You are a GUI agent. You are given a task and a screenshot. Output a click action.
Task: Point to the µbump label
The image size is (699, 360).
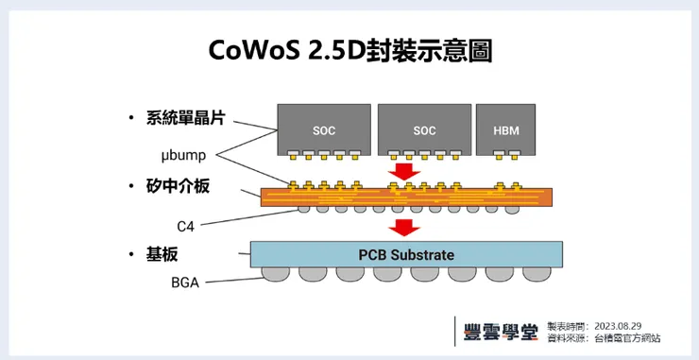[x=185, y=153]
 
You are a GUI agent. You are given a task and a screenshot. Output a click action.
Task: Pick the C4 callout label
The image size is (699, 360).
[x=188, y=226]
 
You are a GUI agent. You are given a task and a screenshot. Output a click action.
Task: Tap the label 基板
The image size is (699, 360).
[x=162, y=255]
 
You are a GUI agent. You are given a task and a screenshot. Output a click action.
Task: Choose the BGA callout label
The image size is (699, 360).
[x=185, y=283]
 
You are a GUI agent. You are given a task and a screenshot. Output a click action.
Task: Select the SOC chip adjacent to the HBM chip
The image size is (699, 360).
[x=424, y=129]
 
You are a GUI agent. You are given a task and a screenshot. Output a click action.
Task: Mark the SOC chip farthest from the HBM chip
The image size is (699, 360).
[x=323, y=129]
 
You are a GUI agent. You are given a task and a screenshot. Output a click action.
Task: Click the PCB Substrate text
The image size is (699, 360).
[x=406, y=254]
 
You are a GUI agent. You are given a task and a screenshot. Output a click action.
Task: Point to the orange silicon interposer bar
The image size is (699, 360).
[x=406, y=197]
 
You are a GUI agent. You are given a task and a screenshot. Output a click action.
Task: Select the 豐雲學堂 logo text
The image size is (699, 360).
[x=502, y=333]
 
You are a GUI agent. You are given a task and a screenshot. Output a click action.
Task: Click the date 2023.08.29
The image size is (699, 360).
[x=620, y=326]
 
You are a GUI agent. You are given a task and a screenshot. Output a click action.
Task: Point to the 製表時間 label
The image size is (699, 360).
[x=565, y=326]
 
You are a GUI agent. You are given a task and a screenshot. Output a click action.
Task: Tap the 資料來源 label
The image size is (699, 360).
[x=565, y=338]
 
